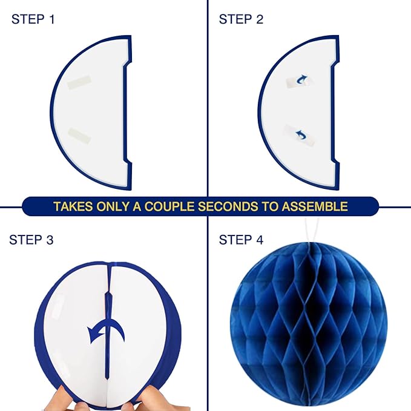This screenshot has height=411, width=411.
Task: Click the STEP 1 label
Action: pos(33,19)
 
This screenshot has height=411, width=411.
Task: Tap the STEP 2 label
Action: pos(241,19)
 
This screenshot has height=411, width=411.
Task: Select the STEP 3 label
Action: pos(31,240)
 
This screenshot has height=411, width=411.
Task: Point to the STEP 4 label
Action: pos(241,240)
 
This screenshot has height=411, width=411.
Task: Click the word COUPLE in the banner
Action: pos(169,206)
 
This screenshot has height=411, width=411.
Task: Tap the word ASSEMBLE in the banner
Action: pos(315,206)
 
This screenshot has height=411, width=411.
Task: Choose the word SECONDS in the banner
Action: pos(228,206)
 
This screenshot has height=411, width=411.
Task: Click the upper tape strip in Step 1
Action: pos(79,82)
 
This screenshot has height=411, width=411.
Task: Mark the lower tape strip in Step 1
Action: pos(79,135)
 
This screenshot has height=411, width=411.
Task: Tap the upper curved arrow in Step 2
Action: pos(301,79)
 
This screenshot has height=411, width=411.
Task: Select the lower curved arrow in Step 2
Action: pos(301,135)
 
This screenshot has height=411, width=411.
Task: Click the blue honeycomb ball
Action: pos(309,324)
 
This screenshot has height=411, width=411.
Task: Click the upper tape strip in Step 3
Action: pos(58,305)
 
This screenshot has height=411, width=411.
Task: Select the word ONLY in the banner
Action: pos(113,206)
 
